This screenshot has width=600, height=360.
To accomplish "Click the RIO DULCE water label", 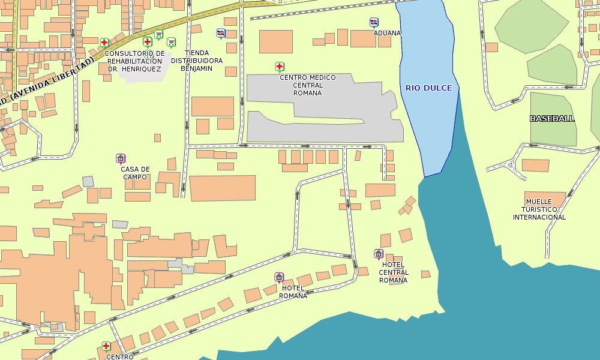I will tap(428, 88).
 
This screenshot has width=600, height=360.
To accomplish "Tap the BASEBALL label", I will tap(552, 118).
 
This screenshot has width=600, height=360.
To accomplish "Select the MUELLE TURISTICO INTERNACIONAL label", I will tap(539, 209).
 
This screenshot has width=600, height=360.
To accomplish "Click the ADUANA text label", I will tap(387, 33).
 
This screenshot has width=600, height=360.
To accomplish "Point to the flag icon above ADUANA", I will tap(374, 23).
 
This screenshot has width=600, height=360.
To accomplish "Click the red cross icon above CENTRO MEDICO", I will tap(280, 67).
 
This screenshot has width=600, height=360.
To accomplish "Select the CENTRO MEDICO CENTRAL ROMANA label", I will tap(308, 85).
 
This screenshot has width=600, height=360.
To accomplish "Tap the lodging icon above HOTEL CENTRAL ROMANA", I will tap(379, 254).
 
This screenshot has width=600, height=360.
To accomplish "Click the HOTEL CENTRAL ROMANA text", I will tap(393, 272).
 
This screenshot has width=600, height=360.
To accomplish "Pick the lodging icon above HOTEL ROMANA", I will tap(279, 277).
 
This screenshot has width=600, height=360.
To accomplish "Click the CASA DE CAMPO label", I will tap(135, 173).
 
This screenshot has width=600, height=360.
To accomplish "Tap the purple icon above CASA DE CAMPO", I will tap(121, 159).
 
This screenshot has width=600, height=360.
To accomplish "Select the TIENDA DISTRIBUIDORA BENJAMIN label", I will tap(197, 61).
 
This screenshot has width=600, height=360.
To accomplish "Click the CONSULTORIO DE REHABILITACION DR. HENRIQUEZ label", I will tap(134, 61).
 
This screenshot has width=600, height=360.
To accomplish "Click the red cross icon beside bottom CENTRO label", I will tap(106, 346).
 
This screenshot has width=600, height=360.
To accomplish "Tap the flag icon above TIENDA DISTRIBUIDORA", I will tap(221, 33).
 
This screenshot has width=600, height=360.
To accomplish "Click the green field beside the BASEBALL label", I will tap(552, 135).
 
